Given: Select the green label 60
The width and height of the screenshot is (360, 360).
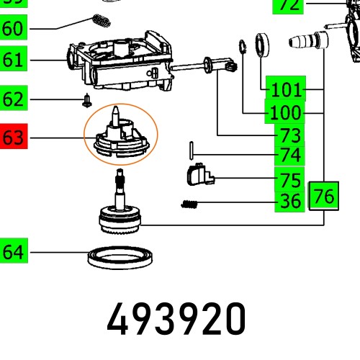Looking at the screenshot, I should coord(14,29).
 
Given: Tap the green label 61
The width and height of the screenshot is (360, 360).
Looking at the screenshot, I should coord(14,60).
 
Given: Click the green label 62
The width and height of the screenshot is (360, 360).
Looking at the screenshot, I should coord(14,98).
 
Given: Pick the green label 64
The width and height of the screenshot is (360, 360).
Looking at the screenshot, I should coord(14,251).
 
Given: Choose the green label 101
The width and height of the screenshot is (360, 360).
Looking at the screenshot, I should coord(285,89).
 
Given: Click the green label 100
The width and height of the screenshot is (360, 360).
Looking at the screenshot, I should coord(285,113).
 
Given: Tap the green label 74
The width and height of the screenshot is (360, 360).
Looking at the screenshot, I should coord(290,155).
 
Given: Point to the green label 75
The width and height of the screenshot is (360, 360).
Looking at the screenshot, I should coord(290,179).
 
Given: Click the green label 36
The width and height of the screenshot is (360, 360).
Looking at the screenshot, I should coord(290,202).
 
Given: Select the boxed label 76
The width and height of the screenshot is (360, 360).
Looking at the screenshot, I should coord(324,195).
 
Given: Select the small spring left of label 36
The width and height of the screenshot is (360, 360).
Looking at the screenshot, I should coord(189,204).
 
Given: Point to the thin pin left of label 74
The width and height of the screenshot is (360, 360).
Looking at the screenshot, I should coord(190,151).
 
